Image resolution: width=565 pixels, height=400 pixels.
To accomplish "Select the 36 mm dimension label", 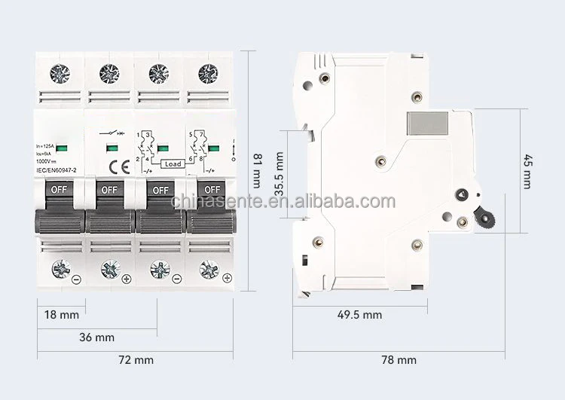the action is click(97, 337).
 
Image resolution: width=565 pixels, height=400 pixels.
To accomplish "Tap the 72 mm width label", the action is click(136, 360).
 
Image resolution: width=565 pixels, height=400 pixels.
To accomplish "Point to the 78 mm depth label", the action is click(399, 360).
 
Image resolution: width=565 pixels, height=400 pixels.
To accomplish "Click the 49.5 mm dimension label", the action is click(359, 315).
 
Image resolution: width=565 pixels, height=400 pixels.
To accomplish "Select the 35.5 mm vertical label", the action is click(279, 174).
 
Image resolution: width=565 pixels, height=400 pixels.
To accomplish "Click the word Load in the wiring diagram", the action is click(173, 163).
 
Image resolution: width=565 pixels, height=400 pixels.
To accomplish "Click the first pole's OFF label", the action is click(59, 190).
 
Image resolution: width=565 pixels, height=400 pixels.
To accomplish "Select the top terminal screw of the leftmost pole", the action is click(59, 73).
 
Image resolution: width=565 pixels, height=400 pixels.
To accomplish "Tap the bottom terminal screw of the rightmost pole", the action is click(207, 269).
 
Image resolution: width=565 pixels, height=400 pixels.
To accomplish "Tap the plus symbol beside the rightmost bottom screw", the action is click(227, 279).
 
